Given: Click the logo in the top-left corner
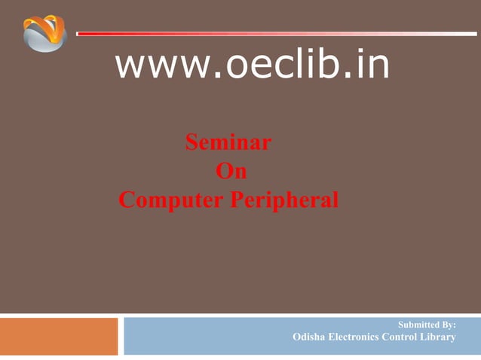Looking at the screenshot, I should point(44,33).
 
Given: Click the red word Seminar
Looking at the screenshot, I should point(228,142).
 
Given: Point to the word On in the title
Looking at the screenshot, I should point(231,171).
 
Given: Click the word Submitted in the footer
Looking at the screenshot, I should point(417,325).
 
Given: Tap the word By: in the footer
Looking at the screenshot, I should point(447,325).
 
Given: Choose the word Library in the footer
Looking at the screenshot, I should point(440,337).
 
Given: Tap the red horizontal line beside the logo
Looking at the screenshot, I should point(271,33).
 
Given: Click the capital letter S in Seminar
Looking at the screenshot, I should point(191,142).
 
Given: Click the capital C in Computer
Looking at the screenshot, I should point(127,201).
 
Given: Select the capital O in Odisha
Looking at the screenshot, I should point(296,337).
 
